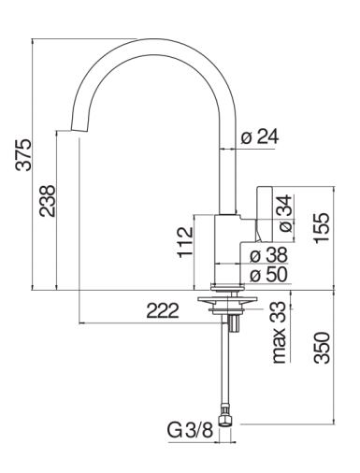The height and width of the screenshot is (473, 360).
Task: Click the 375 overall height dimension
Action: pyautogui.click(x=23, y=155)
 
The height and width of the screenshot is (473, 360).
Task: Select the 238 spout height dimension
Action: pyautogui.click(x=47, y=201)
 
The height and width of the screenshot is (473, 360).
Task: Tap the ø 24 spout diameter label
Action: pyautogui.click(x=260, y=136)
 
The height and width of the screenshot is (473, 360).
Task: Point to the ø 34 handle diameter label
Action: pyautogui.click(x=285, y=213)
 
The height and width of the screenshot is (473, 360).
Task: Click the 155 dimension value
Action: pyautogui.click(x=322, y=227)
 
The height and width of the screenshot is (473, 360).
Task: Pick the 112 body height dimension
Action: pyautogui.click(x=185, y=242)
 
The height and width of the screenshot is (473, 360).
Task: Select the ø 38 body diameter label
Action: pyautogui.click(x=268, y=255)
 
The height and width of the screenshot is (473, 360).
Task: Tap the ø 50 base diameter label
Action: pyautogui.click(x=268, y=275)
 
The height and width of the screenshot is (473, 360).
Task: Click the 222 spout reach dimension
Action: pyautogui.click(x=163, y=310)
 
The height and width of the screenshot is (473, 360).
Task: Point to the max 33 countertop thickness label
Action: pyautogui.click(x=279, y=332)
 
